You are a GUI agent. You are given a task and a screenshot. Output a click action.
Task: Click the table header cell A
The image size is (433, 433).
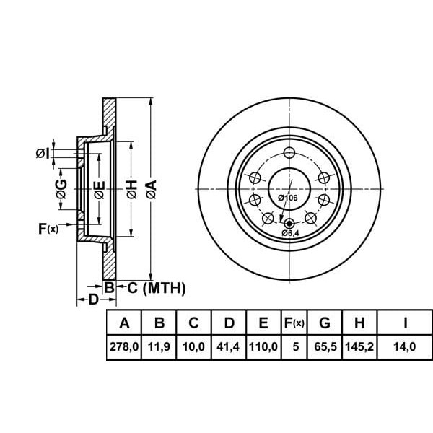pos(123,323)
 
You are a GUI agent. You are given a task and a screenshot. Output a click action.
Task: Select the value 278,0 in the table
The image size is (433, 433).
pos(123,346)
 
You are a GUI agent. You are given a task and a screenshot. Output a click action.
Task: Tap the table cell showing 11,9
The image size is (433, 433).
pos(159,346)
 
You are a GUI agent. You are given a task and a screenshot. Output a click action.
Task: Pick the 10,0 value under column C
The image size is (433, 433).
pos(193,346)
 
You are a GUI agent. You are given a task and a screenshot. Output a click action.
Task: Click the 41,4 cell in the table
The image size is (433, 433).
pos(228,346)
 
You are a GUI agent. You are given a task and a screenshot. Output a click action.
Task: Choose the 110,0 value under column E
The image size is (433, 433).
pos(263,346)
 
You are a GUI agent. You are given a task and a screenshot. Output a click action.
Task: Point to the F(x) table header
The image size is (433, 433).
pos(294,323)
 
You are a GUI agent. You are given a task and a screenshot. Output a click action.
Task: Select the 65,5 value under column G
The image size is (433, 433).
pos(325,346)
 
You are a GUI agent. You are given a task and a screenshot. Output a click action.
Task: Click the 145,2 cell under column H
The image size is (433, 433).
pos(359,346)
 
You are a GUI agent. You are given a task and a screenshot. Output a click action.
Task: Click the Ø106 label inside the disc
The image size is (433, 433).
pos(288,197)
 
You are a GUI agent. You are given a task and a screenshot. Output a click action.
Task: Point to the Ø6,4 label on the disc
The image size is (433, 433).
pos(291,233)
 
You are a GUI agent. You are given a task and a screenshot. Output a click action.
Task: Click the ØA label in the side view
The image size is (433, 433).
pos(151,189)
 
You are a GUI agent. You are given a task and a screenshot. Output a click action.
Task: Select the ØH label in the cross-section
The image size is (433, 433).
pos(131,189)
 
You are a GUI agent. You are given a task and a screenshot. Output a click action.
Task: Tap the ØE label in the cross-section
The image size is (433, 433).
pos(100,189)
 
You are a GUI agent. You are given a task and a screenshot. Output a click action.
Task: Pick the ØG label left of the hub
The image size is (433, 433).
pos(62,189)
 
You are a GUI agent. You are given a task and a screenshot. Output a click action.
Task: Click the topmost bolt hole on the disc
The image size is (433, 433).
pos(289,152)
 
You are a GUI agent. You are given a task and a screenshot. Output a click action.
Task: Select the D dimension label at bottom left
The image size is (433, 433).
pos(92,298)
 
